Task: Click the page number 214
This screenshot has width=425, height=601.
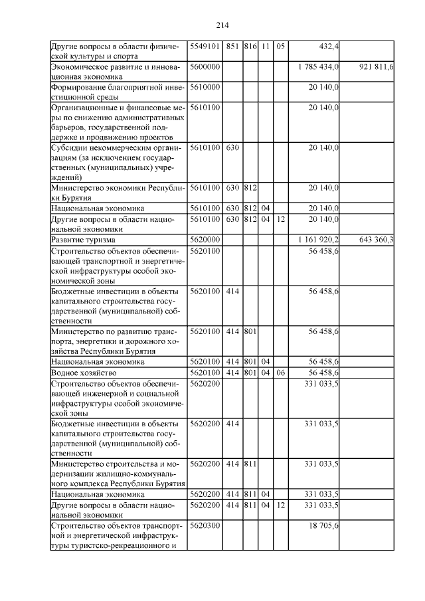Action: (x=222, y=25)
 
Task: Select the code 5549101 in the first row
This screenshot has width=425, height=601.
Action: (x=205, y=46)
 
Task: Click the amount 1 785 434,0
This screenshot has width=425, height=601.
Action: (x=318, y=67)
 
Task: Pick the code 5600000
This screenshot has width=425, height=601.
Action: (x=205, y=67)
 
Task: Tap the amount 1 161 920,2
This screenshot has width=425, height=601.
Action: (x=318, y=238)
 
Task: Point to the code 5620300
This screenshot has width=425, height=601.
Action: (x=205, y=525)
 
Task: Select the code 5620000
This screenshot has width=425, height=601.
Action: (x=205, y=238)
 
